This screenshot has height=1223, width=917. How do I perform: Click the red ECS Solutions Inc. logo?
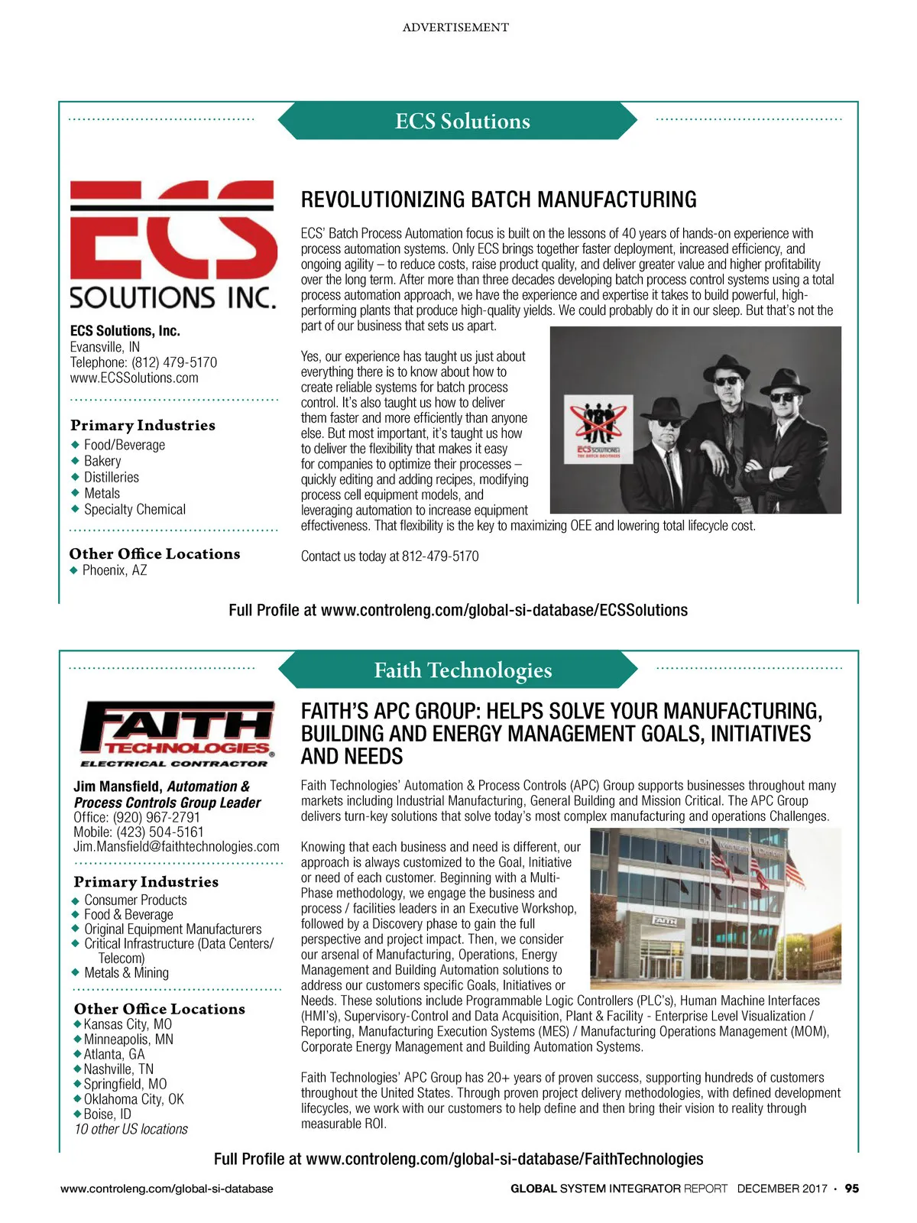click(x=173, y=244)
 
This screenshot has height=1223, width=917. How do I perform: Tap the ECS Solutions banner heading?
click(x=462, y=121)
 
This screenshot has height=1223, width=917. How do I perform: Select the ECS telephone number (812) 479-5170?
click(x=174, y=362)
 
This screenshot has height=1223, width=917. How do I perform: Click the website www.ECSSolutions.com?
click(x=134, y=378)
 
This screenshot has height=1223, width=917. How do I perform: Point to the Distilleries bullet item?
click(x=112, y=477)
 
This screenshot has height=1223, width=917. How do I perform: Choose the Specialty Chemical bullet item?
click(x=134, y=509)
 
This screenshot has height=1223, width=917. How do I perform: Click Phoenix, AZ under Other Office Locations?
click(x=115, y=570)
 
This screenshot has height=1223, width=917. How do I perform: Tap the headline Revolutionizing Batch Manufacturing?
click(x=498, y=200)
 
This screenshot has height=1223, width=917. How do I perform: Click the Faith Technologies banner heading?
click(x=462, y=670)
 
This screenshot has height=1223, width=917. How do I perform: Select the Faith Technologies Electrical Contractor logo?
click(x=177, y=733)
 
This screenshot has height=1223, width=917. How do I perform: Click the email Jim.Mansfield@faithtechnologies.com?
click(x=177, y=846)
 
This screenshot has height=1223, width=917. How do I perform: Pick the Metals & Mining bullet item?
click(x=126, y=972)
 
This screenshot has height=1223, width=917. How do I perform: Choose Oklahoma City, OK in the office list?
click(x=134, y=1099)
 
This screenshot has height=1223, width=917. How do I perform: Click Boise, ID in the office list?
click(x=107, y=1114)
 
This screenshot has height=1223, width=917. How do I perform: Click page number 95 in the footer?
click(x=851, y=1189)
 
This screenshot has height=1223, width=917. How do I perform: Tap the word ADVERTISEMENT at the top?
click(x=455, y=28)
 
